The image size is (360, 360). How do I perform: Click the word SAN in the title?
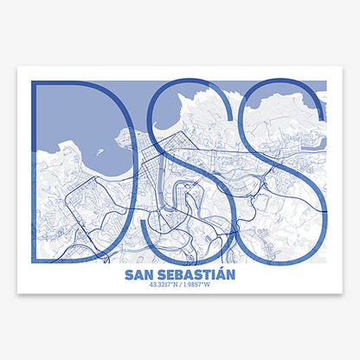click(x=141, y=275)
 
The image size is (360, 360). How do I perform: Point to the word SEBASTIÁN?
click(x=198, y=275)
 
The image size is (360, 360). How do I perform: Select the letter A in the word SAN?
click(x=140, y=275)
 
